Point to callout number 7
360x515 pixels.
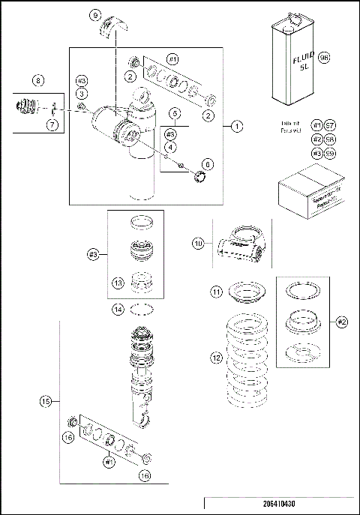click(51, 125)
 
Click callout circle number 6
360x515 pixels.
click(208, 163)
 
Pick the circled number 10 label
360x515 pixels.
click(198, 244)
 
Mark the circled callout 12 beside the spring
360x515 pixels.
click(215, 359)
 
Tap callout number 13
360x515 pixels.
click(118, 282)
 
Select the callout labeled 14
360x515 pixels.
click(118, 309)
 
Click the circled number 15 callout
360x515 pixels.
click(44, 403)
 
